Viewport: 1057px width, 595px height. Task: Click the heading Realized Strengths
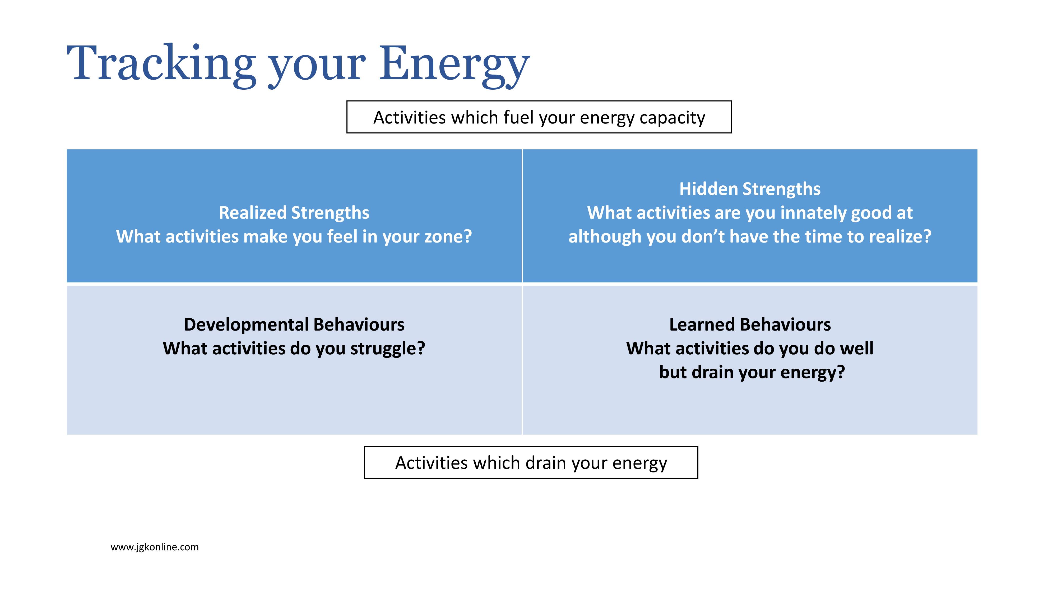294,213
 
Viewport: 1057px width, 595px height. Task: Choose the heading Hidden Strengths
750,189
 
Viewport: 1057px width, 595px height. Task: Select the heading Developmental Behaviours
294,324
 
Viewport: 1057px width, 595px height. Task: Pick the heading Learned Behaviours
750,324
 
